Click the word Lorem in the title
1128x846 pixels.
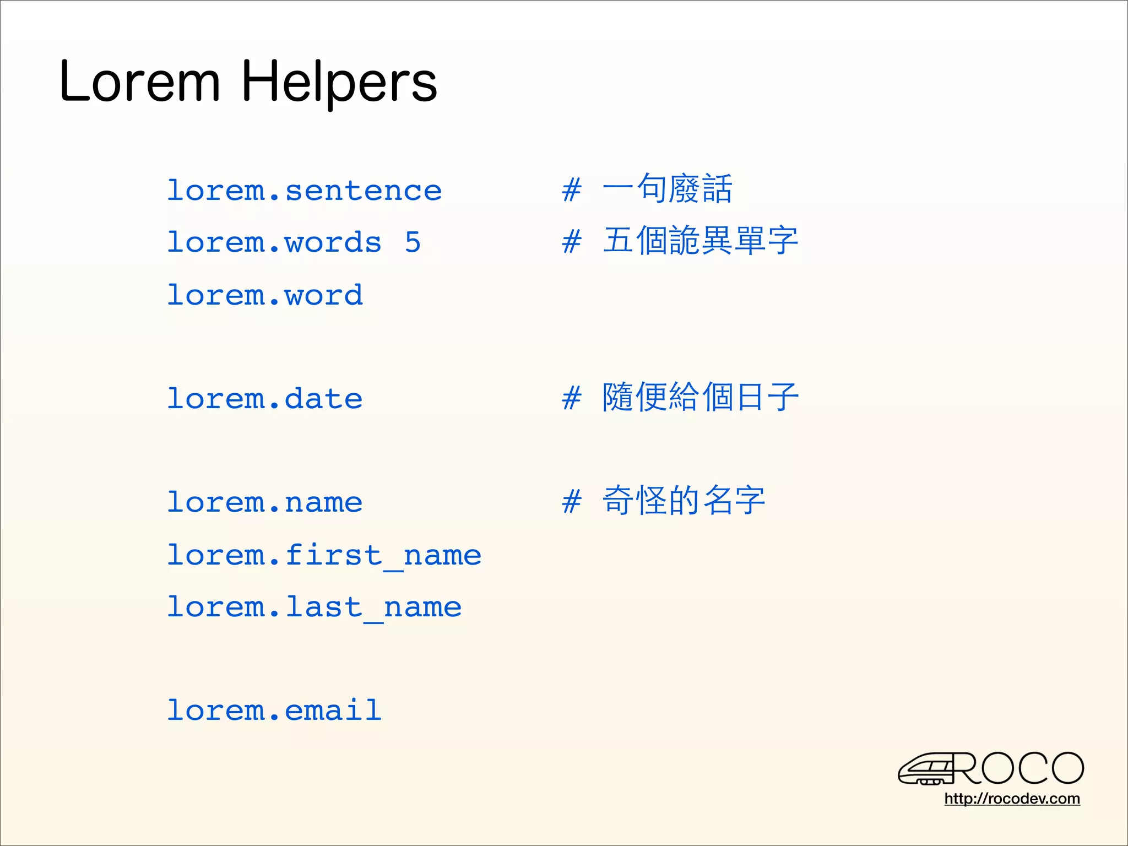point(140,83)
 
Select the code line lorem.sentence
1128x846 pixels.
point(304,191)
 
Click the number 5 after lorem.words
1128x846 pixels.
point(413,242)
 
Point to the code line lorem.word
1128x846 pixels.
point(265,295)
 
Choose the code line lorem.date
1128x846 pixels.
point(265,399)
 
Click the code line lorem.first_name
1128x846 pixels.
point(324,555)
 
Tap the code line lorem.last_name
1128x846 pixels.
point(314,607)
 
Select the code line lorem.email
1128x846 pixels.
point(274,711)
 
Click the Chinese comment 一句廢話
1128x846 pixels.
point(667,188)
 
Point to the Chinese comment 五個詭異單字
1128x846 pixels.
point(700,241)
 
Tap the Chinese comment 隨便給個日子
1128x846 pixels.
point(700,397)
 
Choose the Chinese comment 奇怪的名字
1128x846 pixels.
point(684,501)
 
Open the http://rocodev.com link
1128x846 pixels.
point(1012,799)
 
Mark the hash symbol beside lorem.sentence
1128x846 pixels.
point(572,190)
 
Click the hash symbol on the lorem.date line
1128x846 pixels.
point(572,398)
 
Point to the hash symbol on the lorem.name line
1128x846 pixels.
point(572,502)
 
